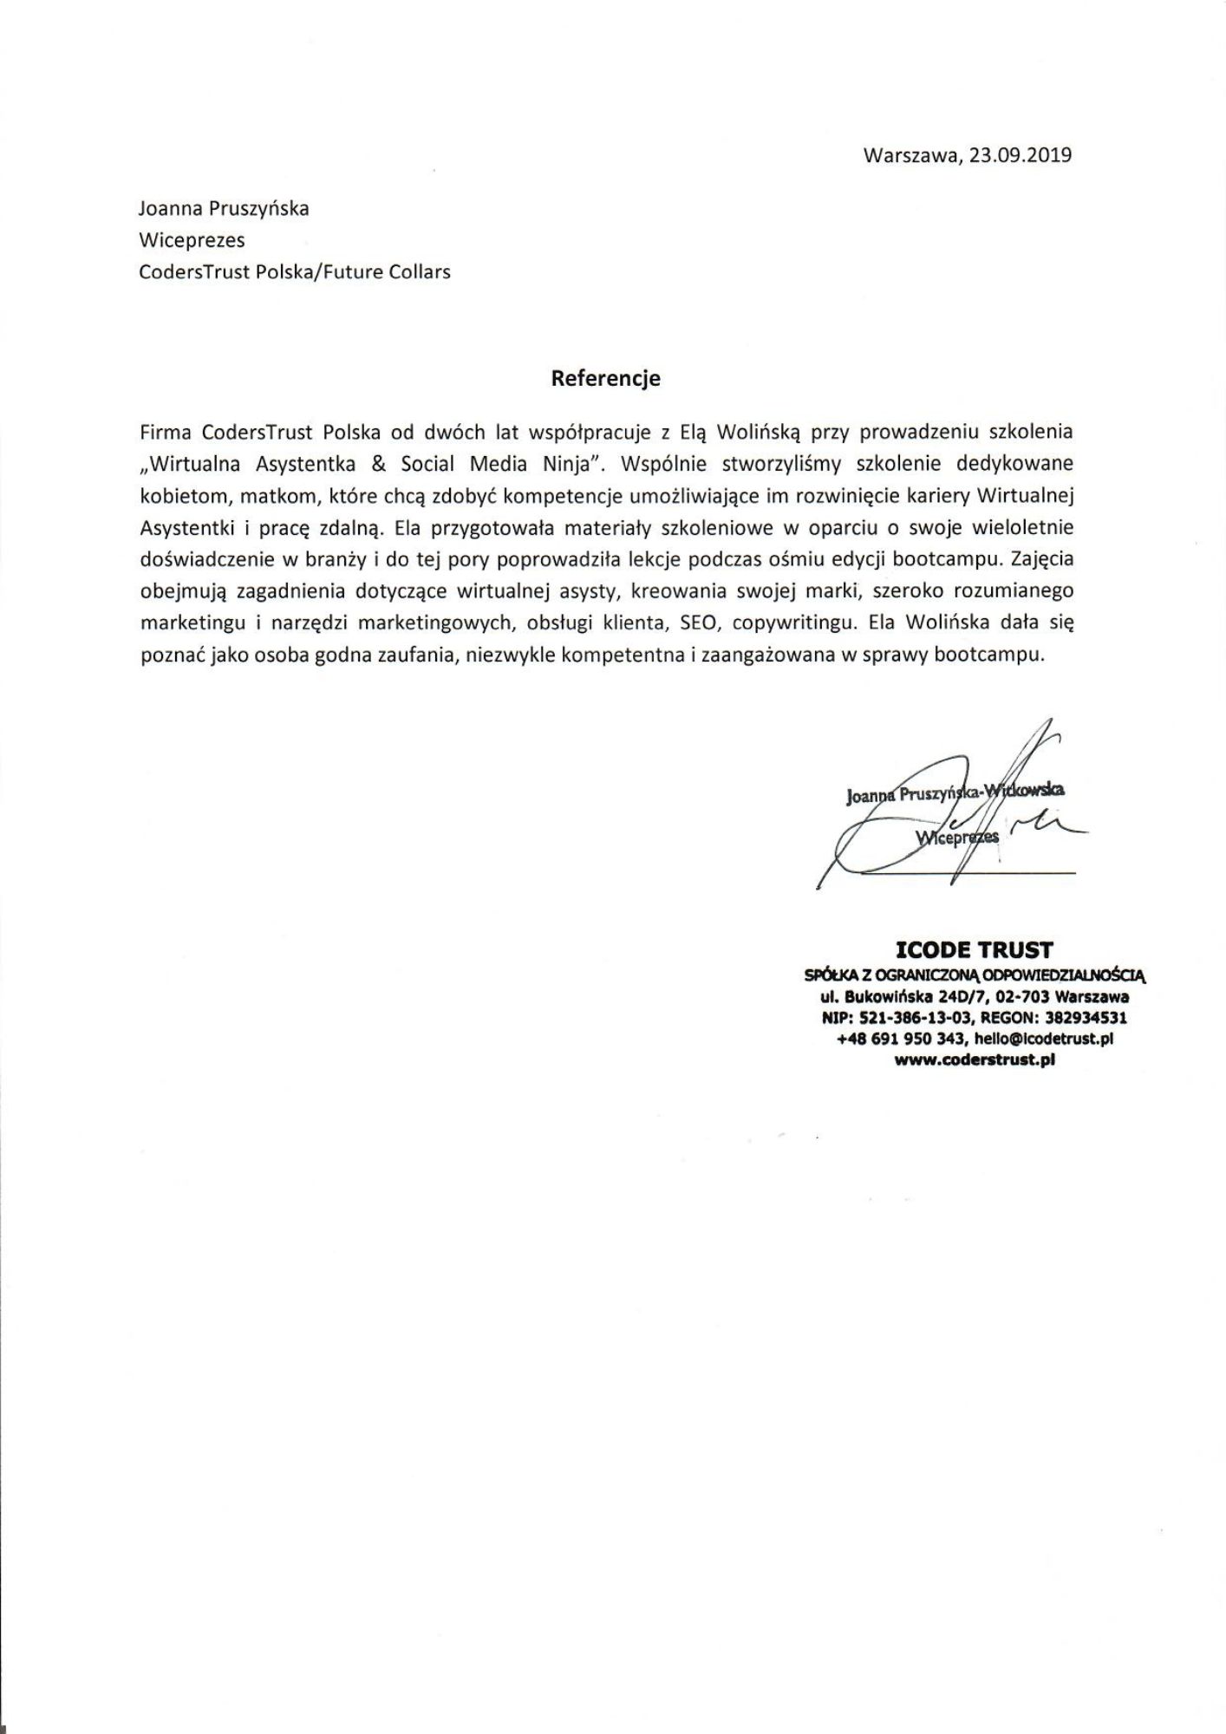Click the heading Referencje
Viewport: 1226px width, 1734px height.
click(x=606, y=378)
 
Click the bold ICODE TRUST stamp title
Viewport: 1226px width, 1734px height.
click(x=974, y=949)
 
